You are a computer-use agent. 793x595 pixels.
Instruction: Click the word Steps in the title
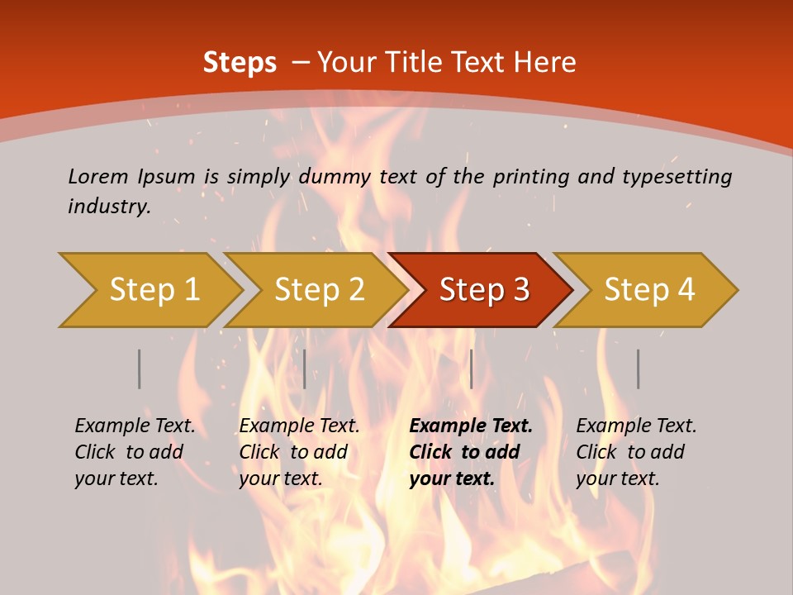pos(240,63)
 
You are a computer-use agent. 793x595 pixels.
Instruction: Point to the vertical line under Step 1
pos(140,369)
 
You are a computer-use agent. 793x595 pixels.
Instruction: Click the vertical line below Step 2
pos(305,369)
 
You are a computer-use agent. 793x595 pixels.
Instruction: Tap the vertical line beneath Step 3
pos(471,369)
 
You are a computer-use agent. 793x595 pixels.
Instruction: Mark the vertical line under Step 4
pos(638,369)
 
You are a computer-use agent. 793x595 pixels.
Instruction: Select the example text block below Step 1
pos(135,451)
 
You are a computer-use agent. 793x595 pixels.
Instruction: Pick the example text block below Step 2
pos(299,451)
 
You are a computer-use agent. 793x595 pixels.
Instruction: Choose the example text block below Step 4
pos(636,451)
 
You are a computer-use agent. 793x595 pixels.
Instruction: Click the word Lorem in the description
pos(98,176)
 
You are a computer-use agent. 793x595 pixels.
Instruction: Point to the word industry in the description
pos(109,206)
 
